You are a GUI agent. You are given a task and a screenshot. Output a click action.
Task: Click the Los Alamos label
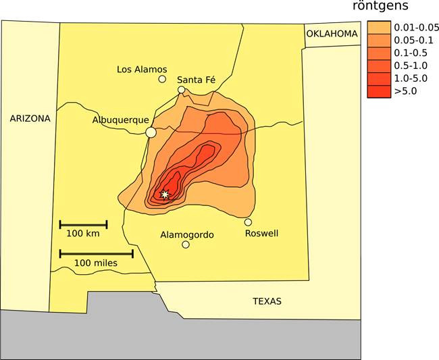tap(142, 69)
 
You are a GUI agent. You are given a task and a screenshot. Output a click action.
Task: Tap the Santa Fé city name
tap(196, 80)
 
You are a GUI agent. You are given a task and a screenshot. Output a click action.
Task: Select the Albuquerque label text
tap(120, 120)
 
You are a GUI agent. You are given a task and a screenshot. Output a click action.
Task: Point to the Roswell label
tap(261, 234)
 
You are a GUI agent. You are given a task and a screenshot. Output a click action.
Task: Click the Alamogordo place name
tap(187, 235)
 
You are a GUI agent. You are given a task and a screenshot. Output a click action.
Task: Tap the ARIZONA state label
tap(30, 118)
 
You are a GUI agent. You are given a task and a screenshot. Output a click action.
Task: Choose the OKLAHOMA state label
tap(331, 34)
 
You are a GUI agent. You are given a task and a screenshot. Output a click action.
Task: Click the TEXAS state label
tap(267, 301)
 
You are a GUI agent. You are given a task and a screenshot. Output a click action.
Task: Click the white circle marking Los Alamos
tap(162, 79)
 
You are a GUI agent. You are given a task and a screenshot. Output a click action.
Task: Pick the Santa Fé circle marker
tap(181, 90)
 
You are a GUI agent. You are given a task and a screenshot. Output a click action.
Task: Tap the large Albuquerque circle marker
tap(151, 132)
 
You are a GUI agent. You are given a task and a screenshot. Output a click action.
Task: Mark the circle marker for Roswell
tap(248, 222)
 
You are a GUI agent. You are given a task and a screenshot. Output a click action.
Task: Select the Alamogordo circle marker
tap(186, 245)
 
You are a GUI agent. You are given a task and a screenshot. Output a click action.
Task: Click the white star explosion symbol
tap(164, 195)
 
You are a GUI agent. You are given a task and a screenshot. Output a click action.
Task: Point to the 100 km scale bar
tap(83, 224)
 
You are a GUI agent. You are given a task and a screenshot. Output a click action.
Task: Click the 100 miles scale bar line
tap(96, 254)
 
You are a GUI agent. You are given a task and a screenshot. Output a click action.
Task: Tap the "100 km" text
tap(83, 234)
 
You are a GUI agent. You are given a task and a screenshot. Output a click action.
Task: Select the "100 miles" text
tap(95, 263)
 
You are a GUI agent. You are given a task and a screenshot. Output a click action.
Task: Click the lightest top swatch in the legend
tap(379, 28)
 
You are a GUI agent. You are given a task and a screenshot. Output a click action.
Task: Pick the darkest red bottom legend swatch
tap(379, 91)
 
